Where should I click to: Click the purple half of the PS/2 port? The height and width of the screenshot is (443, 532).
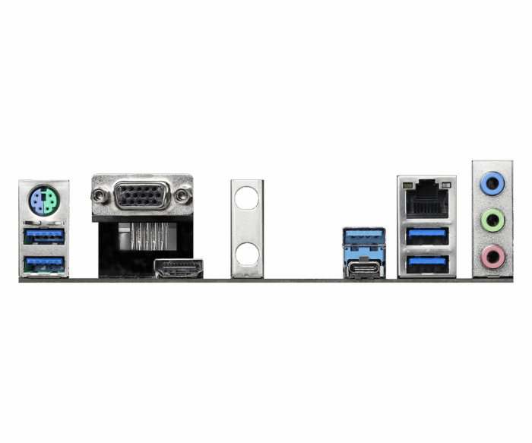37,202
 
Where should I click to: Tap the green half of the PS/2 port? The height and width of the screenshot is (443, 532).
50,202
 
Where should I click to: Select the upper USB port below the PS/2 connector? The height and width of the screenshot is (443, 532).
44,236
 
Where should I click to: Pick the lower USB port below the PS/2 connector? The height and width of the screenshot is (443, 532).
44,264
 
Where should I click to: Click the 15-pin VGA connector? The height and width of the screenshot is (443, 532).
142,196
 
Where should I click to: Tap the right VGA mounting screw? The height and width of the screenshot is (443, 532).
182,196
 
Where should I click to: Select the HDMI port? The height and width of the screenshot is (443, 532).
179,269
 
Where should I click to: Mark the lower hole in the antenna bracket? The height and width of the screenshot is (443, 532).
247,254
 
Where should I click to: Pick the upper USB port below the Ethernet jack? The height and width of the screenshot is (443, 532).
426,236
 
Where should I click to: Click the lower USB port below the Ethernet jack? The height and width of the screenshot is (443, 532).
426,264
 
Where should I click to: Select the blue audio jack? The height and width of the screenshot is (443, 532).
492,182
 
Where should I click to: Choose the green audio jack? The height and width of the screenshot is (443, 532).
492,220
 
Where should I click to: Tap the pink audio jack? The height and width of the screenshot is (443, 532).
492,256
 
